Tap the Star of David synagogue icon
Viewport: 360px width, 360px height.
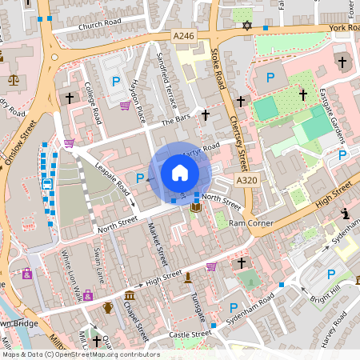click(x=247, y=26)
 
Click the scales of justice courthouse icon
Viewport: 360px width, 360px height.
click(x=13, y=80)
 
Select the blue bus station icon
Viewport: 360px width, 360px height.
click(x=46, y=186)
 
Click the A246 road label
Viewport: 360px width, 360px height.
click(x=184, y=35)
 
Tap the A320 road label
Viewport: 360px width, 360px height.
click(x=246, y=180)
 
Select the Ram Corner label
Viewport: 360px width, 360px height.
click(x=246, y=223)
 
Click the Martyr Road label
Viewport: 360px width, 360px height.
click(x=200, y=150)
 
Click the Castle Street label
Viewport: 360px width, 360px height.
click(x=190, y=334)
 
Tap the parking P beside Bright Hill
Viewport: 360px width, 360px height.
click(x=330, y=274)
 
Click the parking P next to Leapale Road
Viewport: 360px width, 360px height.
click(x=140, y=178)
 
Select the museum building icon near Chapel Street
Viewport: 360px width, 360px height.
click(x=130, y=297)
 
